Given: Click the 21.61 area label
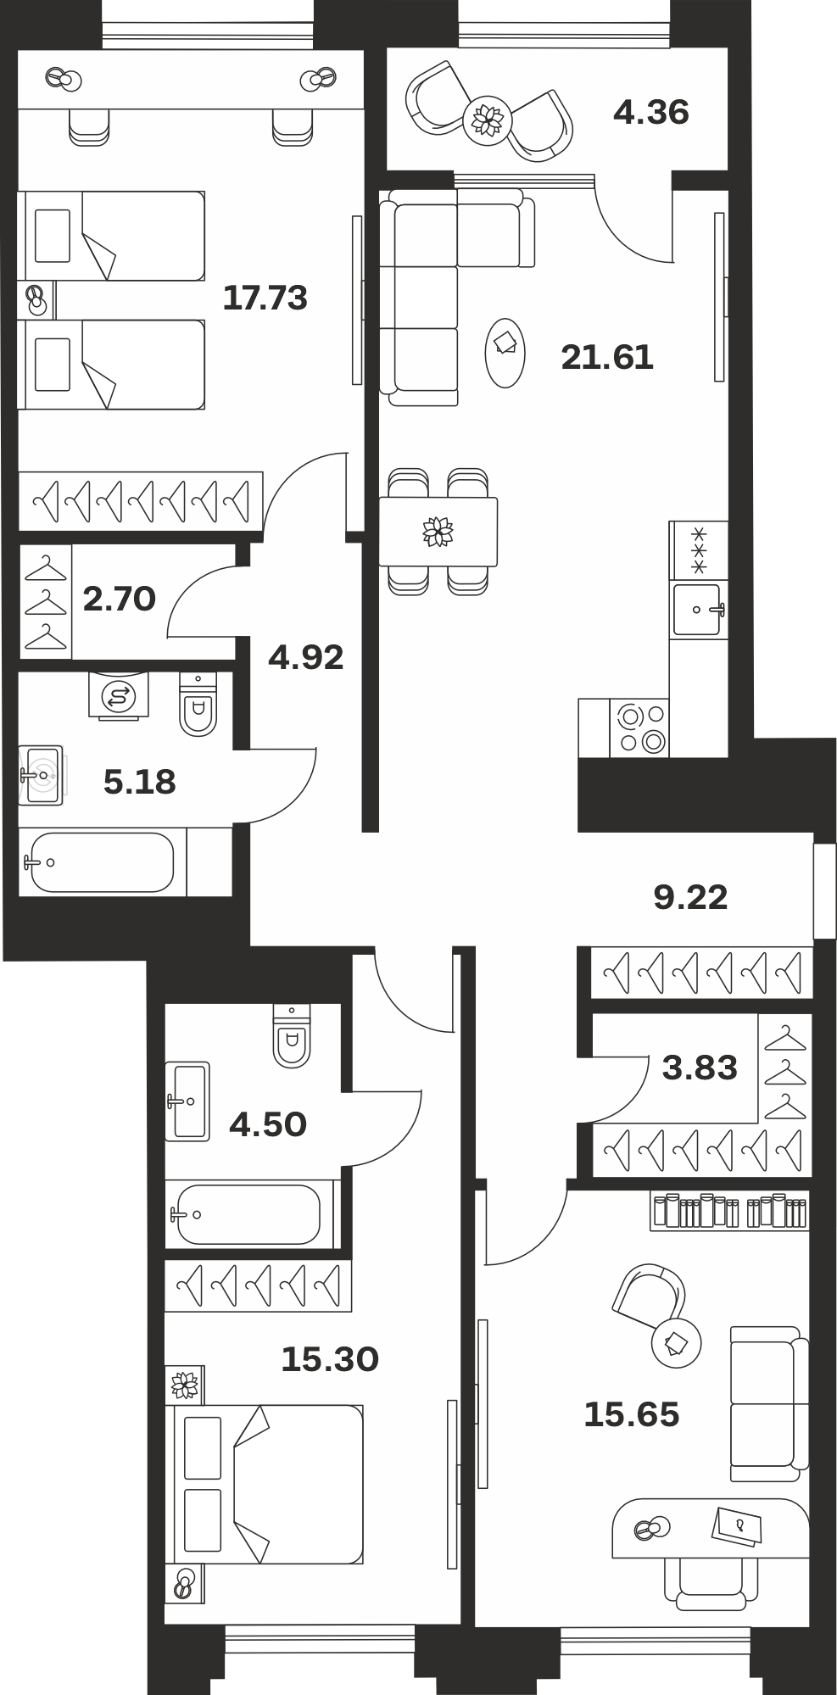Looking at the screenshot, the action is [x=607, y=357].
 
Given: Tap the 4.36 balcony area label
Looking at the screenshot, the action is [x=650, y=112].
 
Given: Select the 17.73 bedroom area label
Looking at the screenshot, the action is [x=265, y=298].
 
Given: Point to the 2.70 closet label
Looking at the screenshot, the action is [x=120, y=599].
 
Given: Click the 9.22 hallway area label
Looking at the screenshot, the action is [x=690, y=896].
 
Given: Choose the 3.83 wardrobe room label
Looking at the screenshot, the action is [x=700, y=1068].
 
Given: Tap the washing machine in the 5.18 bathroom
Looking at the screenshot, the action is [x=119, y=696].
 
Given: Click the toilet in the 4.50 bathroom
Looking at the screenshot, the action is [x=292, y=1035].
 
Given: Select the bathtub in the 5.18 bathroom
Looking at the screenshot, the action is [x=103, y=862].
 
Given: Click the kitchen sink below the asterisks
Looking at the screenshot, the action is [x=698, y=609].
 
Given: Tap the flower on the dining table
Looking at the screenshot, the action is [x=438, y=532].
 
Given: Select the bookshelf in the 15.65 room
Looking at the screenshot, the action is [x=729, y=1210].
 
